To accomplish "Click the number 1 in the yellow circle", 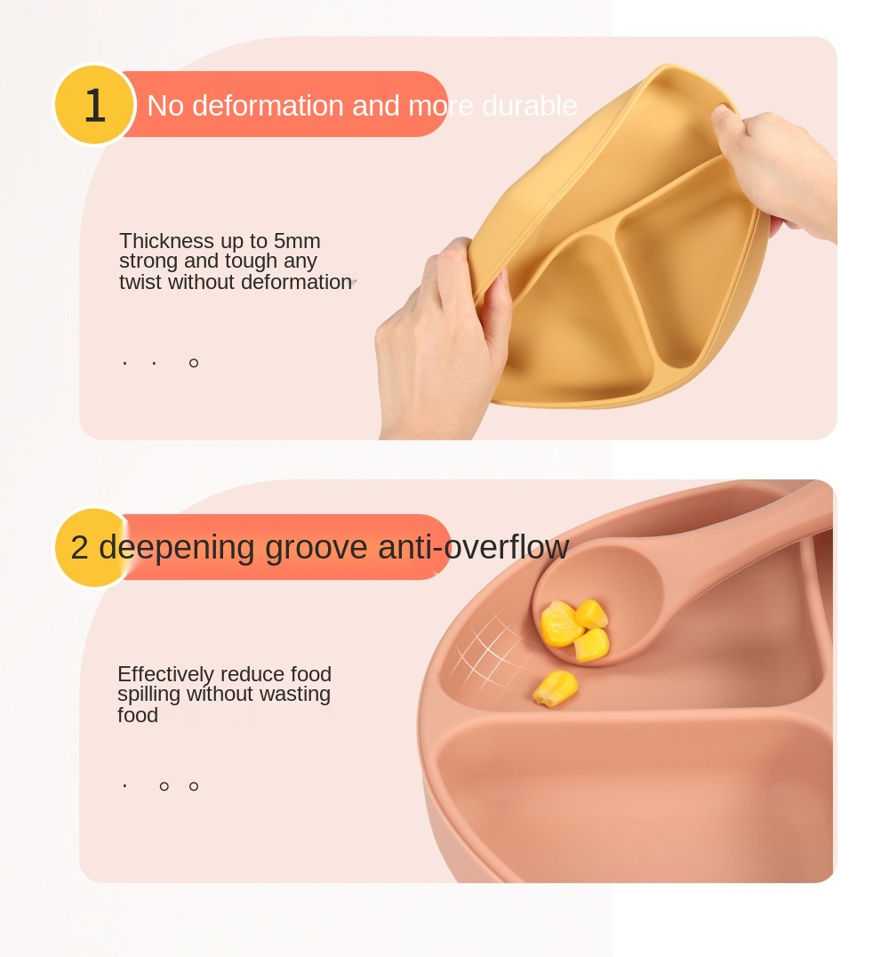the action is click(x=94, y=105).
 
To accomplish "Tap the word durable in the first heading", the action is click(x=529, y=106).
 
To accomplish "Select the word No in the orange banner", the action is click(x=165, y=106).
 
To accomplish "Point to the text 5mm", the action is click(x=297, y=240).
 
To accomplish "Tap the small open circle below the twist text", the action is click(x=194, y=363).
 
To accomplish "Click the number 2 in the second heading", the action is click(x=79, y=547).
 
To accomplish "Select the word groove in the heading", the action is click(x=316, y=548).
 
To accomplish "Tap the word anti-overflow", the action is click(x=474, y=547).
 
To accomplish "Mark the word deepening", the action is click(x=176, y=548).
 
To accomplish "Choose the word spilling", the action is click(x=148, y=695).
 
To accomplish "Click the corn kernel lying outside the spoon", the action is click(x=556, y=688).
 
